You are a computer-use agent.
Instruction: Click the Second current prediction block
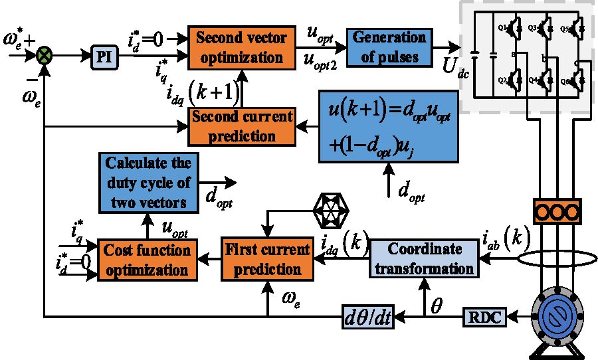coord(242,126)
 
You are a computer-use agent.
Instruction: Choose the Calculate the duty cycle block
coord(148,183)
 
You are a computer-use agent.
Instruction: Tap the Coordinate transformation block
coord(423,260)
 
